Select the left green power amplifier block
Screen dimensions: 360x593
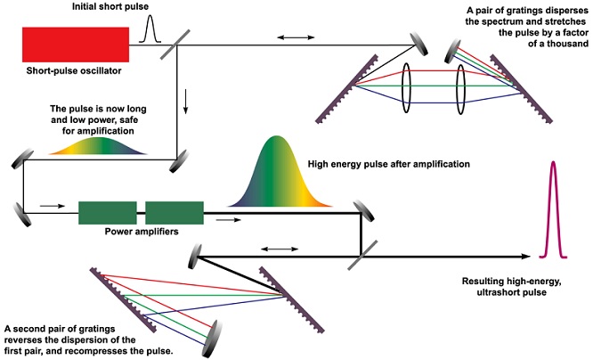coord(107,213)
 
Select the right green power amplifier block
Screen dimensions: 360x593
coord(174,213)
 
